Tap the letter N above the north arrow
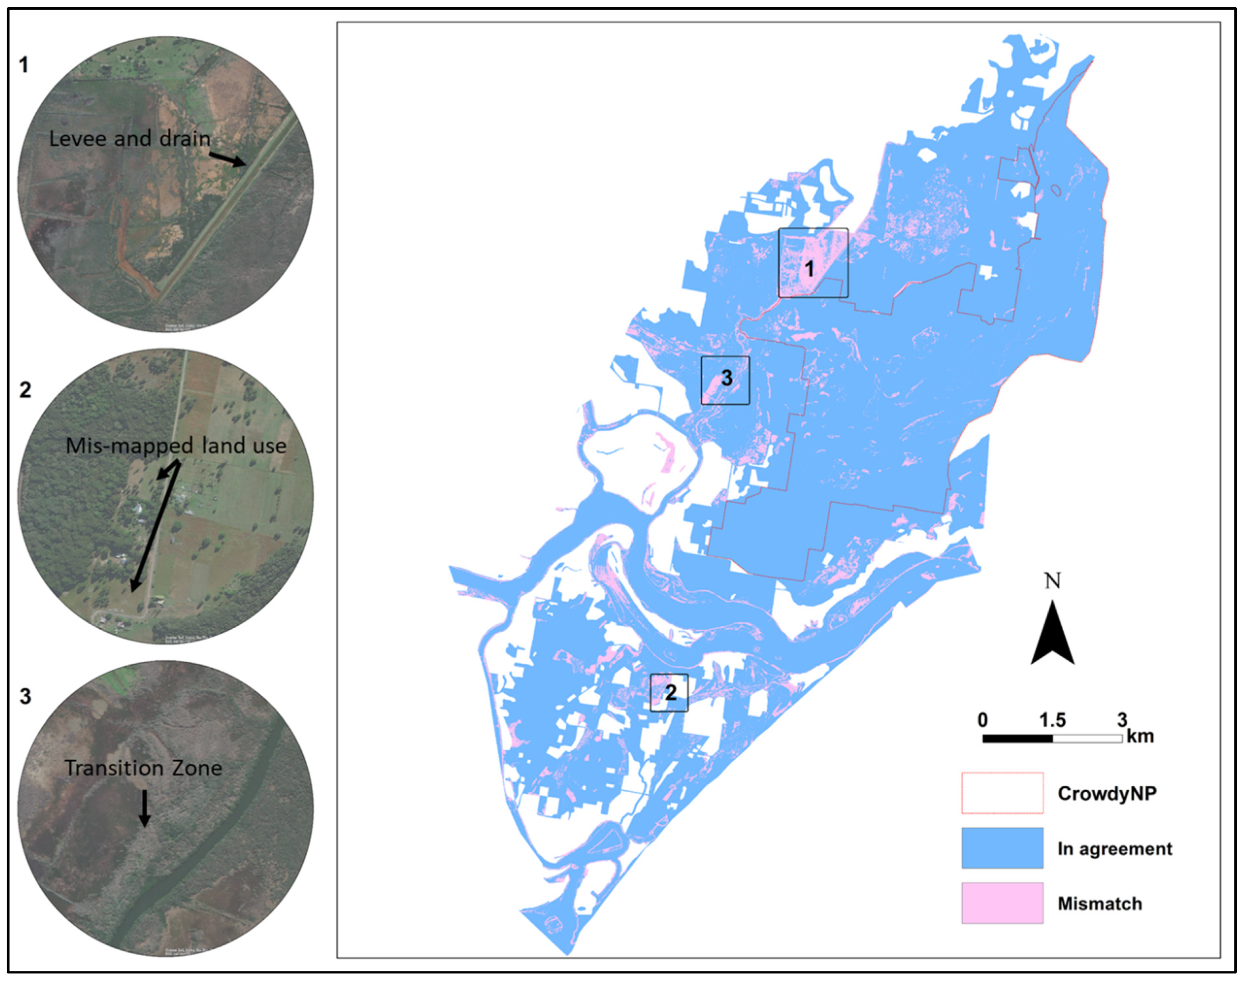point(1052,581)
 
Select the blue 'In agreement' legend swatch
point(1002,848)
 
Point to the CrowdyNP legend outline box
point(1002,793)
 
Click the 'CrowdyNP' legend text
point(1107,793)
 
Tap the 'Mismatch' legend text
point(1099,904)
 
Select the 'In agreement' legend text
point(1114,848)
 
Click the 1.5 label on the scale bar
point(1052,720)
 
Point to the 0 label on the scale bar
point(983,720)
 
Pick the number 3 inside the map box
point(726,378)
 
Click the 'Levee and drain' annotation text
point(130,138)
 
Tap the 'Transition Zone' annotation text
point(143,768)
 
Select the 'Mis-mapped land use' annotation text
point(176,446)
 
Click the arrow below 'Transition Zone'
point(144,808)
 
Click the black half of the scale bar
point(1017,738)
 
